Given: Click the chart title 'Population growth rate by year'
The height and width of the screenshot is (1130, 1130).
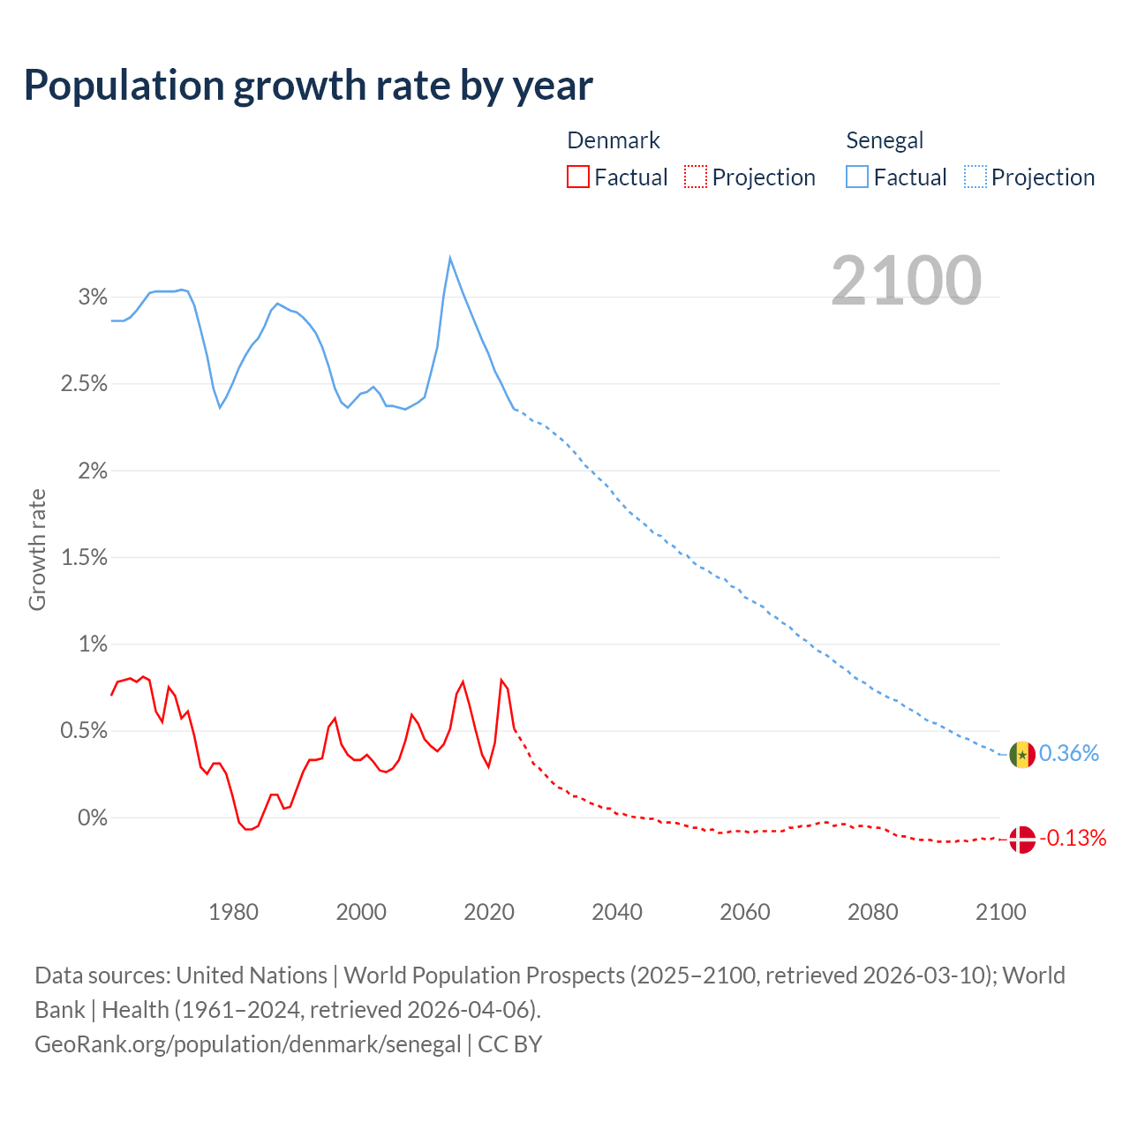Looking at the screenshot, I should click(x=308, y=85).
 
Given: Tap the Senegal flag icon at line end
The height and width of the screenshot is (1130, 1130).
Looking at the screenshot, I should click(x=1021, y=755).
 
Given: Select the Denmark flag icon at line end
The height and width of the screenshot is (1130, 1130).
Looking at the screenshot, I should click(x=1021, y=839).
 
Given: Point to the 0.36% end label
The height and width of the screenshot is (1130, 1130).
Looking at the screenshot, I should click(x=1069, y=753).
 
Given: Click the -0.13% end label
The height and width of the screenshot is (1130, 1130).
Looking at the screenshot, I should click(x=1072, y=838).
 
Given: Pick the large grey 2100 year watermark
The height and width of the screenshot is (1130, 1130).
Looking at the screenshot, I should click(x=906, y=281).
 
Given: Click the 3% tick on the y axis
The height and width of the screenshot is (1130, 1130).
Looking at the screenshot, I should click(x=93, y=297).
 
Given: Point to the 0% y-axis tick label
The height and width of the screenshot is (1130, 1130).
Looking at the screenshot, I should click(x=93, y=817).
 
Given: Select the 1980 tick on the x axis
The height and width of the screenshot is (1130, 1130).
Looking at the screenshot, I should click(x=233, y=912).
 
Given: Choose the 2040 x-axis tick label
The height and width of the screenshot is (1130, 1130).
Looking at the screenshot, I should click(x=617, y=912).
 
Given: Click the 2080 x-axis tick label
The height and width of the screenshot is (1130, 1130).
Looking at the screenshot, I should click(x=872, y=912).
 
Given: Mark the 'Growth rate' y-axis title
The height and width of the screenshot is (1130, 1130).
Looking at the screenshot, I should click(x=37, y=549).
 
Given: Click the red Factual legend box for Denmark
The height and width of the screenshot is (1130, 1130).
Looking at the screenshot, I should click(x=578, y=177).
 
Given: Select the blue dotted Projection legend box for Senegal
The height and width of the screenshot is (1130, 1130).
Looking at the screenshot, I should click(x=976, y=177).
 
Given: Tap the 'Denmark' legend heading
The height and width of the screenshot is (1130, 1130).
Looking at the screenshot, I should click(x=613, y=140).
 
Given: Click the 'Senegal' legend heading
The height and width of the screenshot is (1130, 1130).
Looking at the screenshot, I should click(x=885, y=140).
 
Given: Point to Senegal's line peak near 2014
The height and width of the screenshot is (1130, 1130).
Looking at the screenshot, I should click(x=450, y=259).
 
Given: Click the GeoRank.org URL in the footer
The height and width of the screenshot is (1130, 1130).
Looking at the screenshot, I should click(x=248, y=1044).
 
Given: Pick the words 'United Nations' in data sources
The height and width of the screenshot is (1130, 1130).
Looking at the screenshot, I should click(x=252, y=976).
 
